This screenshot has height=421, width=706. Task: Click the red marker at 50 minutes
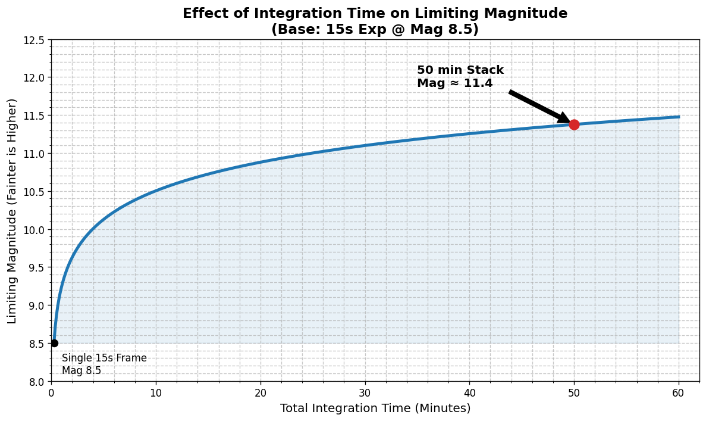574,124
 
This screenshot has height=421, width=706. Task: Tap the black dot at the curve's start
54,343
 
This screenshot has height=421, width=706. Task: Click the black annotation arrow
538,107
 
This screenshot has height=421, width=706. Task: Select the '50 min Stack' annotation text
460,70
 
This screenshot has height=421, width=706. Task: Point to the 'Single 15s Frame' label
104,358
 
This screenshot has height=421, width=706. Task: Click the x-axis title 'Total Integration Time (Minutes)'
375,408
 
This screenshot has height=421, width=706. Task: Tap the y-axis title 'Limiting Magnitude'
12,211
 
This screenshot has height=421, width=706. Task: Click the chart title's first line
375,14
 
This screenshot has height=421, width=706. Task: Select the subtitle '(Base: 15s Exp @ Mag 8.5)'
375,29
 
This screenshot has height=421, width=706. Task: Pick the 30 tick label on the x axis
365,393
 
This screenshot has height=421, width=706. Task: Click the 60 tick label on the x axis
679,393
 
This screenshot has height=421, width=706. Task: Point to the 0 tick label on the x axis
51,393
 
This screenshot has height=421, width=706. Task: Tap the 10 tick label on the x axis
156,393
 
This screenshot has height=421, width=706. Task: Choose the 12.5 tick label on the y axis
34,40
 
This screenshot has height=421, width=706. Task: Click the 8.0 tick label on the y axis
36,382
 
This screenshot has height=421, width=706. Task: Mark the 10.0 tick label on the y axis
34,230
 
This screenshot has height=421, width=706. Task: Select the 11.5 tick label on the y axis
34,116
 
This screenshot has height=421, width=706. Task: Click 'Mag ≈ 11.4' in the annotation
454,83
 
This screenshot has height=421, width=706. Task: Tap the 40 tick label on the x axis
469,393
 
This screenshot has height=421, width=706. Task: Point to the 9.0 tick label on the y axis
36,305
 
